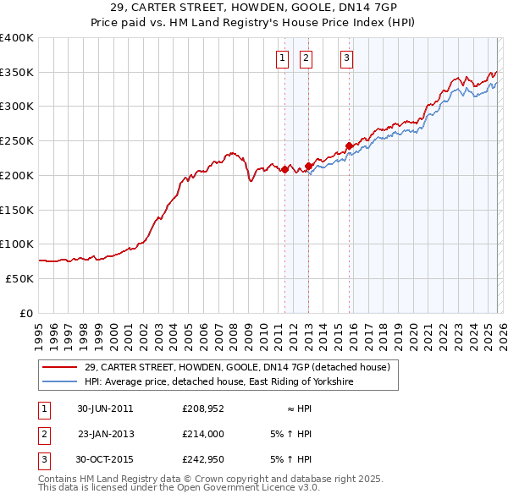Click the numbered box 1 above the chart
click(281, 58)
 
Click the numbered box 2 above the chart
click(305, 58)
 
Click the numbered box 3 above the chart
click(346, 58)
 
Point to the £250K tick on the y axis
click(17, 141)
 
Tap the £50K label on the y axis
click(19, 278)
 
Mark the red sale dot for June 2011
click(285, 169)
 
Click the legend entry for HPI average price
click(218, 382)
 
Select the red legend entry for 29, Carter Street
click(236, 367)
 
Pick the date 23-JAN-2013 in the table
click(106, 434)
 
